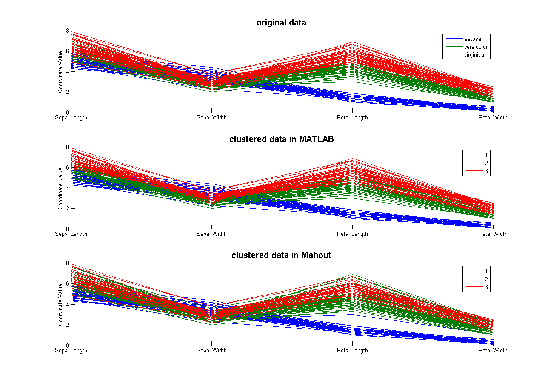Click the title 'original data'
(x=281, y=23)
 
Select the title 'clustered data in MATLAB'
(x=281, y=139)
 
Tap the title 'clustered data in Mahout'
(x=281, y=255)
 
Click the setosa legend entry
(x=473, y=39)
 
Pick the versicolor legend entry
(x=476, y=47)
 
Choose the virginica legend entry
(x=474, y=55)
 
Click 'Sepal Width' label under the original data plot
(x=211, y=118)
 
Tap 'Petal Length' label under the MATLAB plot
(x=352, y=234)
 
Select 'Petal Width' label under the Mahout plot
(x=493, y=351)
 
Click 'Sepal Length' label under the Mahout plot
(x=71, y=351)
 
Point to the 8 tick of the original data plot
(x=67, y=31)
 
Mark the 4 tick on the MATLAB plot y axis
(x=67, y=188)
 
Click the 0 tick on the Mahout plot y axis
(x=67, y=345)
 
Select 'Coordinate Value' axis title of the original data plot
(x=60, y=72)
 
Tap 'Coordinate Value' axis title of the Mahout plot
(x=60, y=304)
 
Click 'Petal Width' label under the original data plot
(x=493, y=118)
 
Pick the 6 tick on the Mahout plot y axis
(x=67, y=284)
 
